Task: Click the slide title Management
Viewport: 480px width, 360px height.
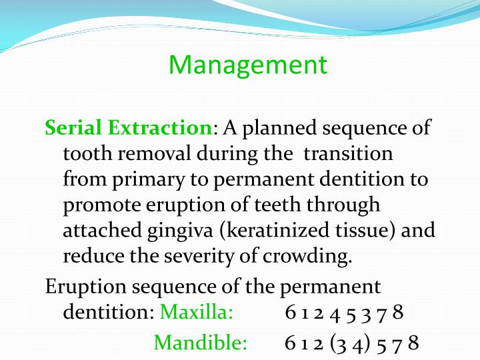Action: coord(248,65)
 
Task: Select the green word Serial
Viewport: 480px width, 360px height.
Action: coord(69,127)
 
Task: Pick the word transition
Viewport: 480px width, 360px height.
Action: coord(348,153)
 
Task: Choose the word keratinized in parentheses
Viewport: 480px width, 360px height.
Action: coord(275,231)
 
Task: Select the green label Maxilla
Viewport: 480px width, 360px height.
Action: coord(197,312)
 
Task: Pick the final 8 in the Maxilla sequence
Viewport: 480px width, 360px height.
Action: coord(398,312)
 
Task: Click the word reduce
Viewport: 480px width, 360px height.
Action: coord(93,256)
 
